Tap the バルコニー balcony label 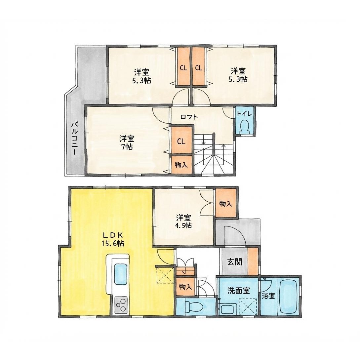coord(74,139)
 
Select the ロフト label coord(189,117)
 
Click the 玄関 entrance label coord(235,261)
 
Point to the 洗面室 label coord(238,291)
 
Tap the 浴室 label coord(268,296)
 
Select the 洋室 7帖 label coord(127,142)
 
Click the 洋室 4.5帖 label coord(184,221)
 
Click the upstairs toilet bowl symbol coord(244,127)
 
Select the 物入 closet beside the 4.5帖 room coord(226,203)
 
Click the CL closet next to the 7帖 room coord(181,140)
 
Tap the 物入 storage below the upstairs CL coord(181,165)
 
